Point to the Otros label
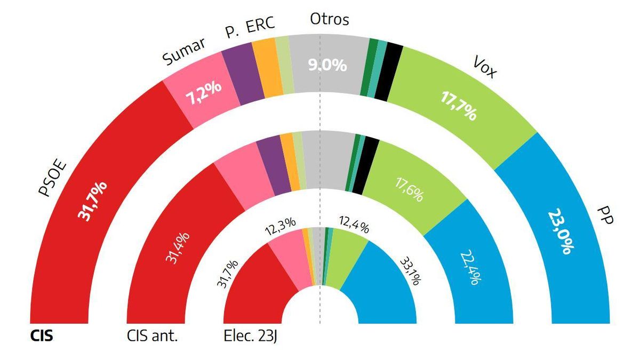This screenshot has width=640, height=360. click(x=329, y=20)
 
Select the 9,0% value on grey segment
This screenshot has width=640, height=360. click(x=327, y=66)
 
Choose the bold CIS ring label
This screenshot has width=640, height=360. click(x=41, y=337)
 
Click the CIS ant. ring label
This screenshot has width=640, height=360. click(x=152, y=337)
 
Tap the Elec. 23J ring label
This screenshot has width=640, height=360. click(x=252, y=337)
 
